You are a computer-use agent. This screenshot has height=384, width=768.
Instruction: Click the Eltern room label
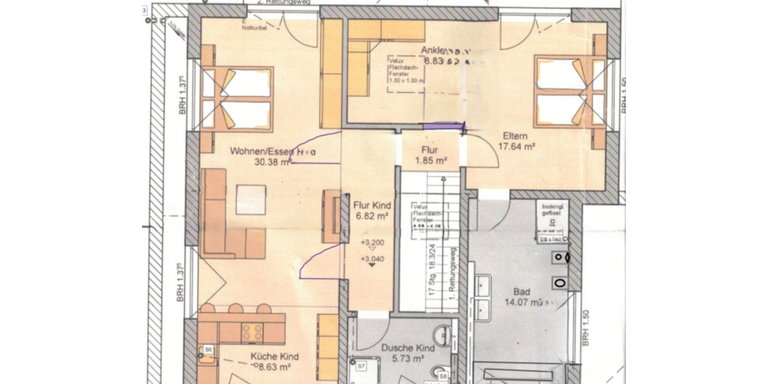coord(515,136)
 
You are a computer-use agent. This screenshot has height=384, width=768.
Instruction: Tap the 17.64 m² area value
coord(516,146)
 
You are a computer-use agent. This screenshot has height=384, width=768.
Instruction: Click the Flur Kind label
coord(372,206)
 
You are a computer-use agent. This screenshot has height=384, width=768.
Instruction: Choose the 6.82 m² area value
coord(372,216)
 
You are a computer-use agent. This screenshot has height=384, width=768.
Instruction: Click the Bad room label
coord(522,291)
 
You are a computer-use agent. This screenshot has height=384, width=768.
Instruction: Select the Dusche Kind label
coord(408,348)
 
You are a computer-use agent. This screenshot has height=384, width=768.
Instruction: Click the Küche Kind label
coord(275,356)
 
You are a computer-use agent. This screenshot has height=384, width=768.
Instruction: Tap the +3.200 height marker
coord(372,243)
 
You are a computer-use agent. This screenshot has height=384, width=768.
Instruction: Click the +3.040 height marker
coord(372,259)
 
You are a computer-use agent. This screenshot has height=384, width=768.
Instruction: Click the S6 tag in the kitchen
coord(208,349)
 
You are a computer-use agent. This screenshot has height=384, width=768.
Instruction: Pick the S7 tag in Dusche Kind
coord(361,366)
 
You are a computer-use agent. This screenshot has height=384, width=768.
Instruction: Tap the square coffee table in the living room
coord(250,200)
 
